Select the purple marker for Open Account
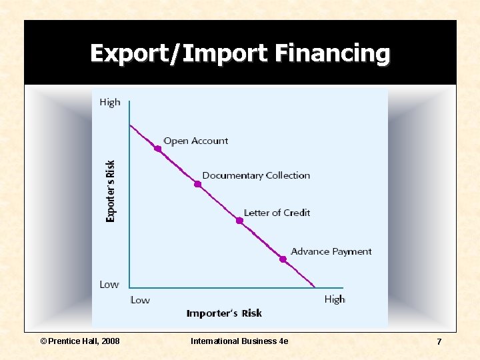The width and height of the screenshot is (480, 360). point(158,149)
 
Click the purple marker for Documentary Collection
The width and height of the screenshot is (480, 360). point(197,184)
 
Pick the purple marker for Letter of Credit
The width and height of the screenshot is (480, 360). point(240,221)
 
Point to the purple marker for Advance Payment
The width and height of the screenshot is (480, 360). point(283,259)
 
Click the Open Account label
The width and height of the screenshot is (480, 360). point(195,141)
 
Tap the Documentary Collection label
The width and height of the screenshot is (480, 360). point(256,175)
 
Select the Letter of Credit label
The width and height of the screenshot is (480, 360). point(277,213)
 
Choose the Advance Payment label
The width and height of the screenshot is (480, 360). point(331,251)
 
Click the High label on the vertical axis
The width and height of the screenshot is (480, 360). point(110,102)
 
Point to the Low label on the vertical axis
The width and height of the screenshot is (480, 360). point(109,285)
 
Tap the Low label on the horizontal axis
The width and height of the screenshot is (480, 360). point(140,300)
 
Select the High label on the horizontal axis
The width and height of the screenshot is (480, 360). point(335,299)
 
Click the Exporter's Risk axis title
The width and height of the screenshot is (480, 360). point(111,191)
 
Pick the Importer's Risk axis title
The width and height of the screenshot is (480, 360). point(224,313)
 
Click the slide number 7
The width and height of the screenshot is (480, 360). point(439,341)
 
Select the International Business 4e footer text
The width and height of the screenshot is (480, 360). point(239,341)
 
